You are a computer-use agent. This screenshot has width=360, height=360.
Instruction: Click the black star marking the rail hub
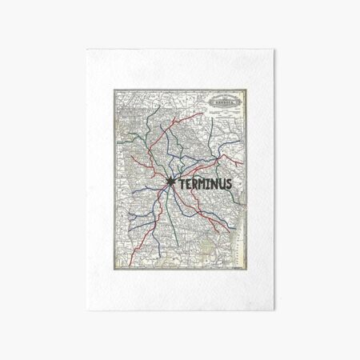click(x=171, y=183)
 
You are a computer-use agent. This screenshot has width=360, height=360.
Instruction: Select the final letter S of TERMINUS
click(x=229, y=184)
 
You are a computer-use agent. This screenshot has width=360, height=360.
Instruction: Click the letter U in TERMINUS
click(x=222, y=184)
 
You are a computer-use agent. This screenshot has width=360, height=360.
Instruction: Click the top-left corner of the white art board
click(x=86, y=49)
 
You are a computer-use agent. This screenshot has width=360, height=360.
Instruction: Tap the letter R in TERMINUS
click(x=194, y=184)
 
